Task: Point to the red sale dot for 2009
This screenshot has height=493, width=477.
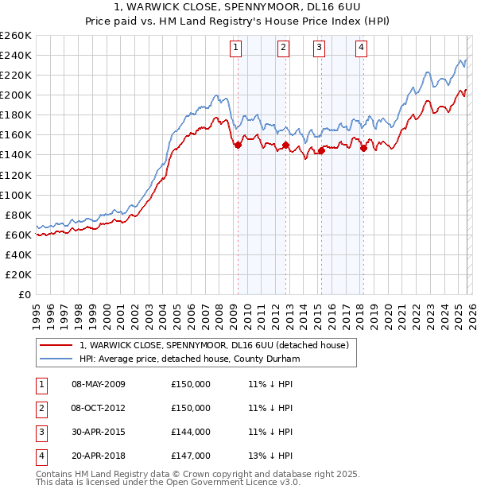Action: (238, 145)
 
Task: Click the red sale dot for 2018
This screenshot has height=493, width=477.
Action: (363, 148)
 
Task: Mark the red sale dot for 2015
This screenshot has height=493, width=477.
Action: (321, 150)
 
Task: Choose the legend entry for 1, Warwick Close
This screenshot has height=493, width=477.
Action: (219, 345)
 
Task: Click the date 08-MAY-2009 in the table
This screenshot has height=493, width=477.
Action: (99, 384)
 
